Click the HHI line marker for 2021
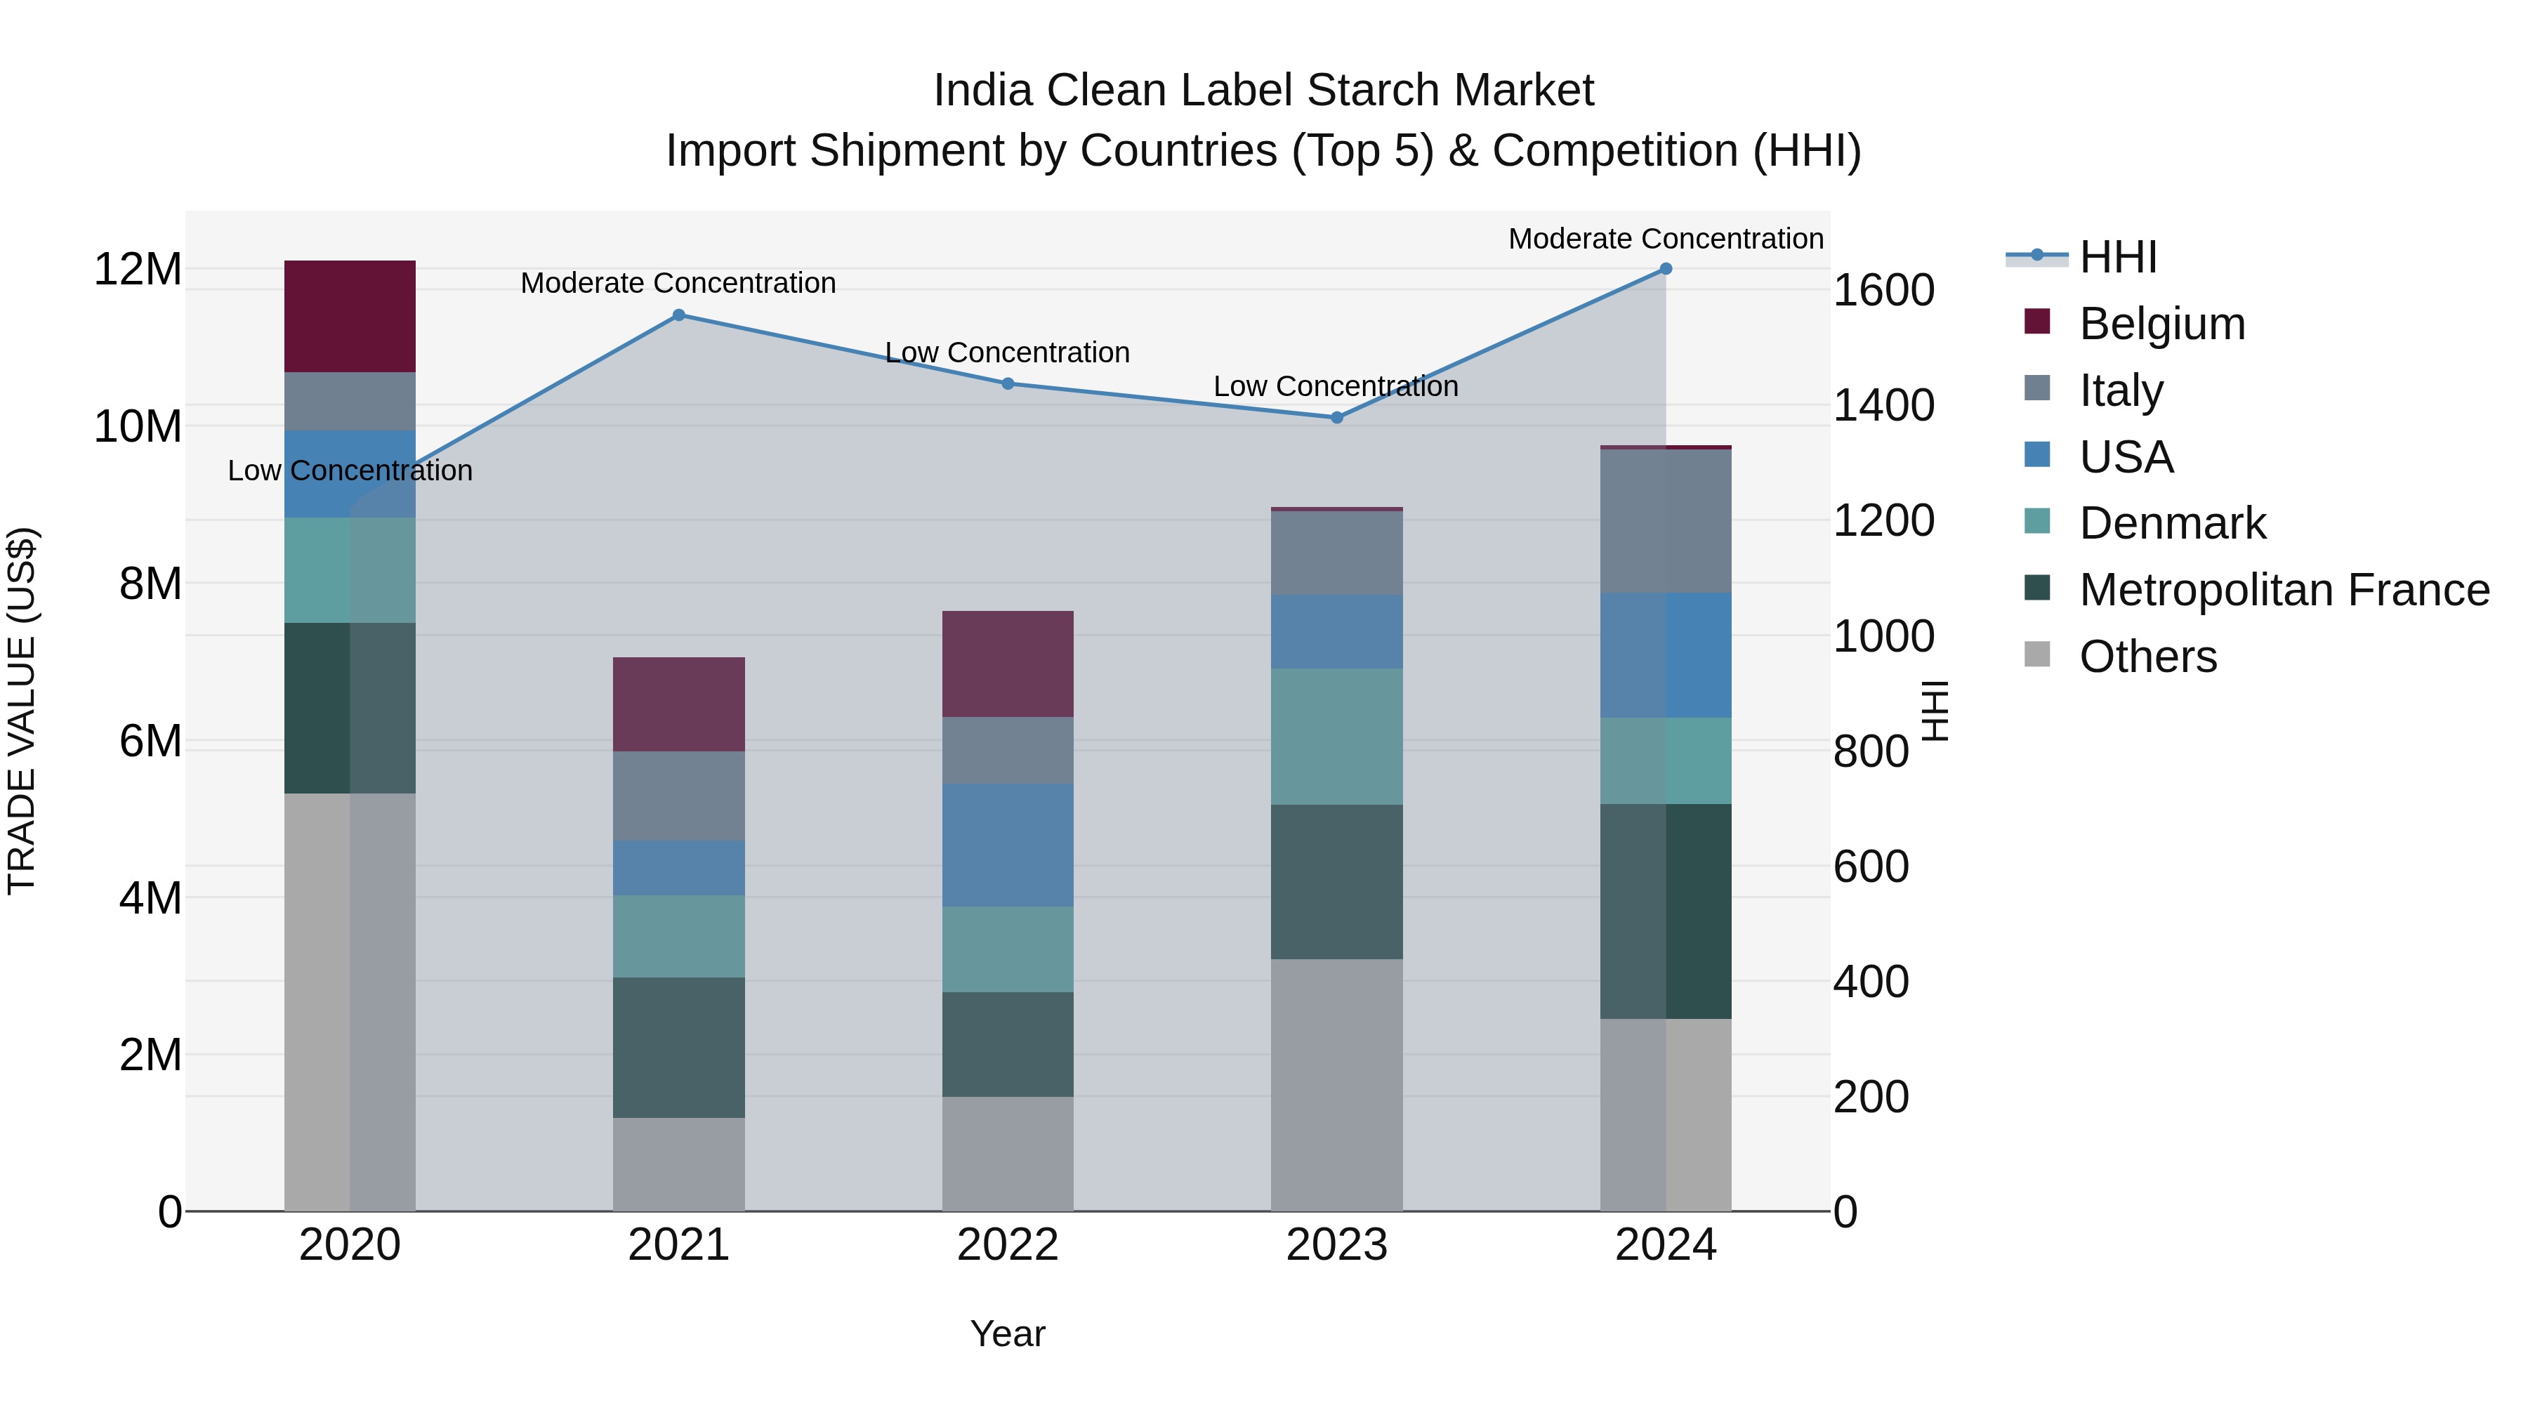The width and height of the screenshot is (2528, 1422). [x=678, y=315]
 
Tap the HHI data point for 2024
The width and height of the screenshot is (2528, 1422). [x=1666, y=269]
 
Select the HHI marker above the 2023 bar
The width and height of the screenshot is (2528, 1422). [x=1336, y=417]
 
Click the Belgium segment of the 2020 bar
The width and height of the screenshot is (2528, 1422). [x=350, y=316]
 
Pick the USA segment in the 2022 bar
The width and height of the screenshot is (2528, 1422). [x=1008, y=844]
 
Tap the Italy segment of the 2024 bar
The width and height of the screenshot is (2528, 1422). [x=1666, y=520]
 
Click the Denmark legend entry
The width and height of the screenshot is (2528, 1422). [x=2172, y=523]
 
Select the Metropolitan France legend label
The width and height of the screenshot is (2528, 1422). [x=2284, y=590]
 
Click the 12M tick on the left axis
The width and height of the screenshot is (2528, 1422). [x=138, y=269]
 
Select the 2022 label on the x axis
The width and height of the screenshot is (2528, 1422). [x=1008, y=1245]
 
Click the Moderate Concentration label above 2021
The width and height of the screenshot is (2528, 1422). [x=678, y=282]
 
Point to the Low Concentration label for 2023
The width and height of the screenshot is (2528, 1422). [x=1336, y=386]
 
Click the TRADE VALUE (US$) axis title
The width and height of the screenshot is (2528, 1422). [x=22, y=711]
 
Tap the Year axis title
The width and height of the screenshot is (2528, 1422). [x=1008, y=1334]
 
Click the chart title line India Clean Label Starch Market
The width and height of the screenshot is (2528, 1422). [x=1263, y=91]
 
